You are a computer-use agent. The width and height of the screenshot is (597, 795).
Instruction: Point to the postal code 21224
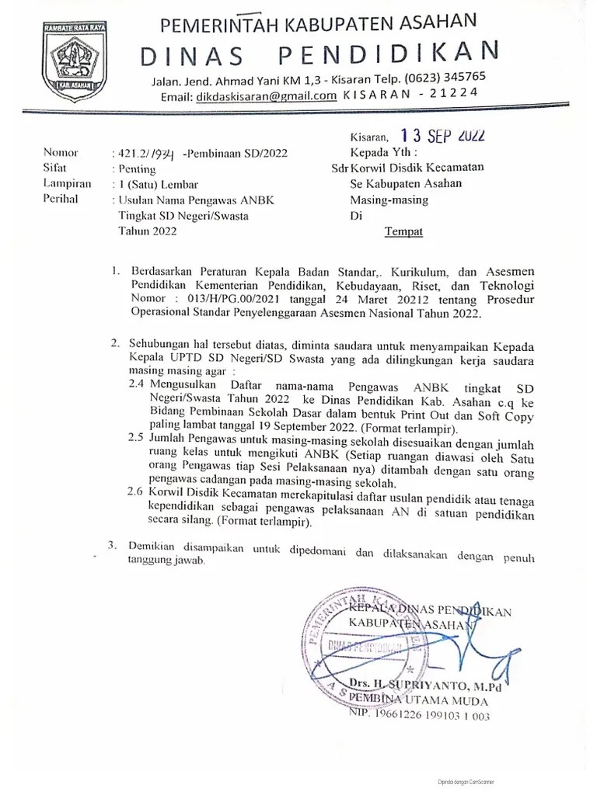pyautogui.click(x=451, y=94)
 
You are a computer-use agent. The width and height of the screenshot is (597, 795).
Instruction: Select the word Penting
pyautogui.click(x=138, y=168)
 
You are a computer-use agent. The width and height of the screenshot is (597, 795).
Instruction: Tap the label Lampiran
pyautogui.click(x=67, y=184)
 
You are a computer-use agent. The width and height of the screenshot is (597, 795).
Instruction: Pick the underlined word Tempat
pyautogui.click(x=405, y=231)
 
